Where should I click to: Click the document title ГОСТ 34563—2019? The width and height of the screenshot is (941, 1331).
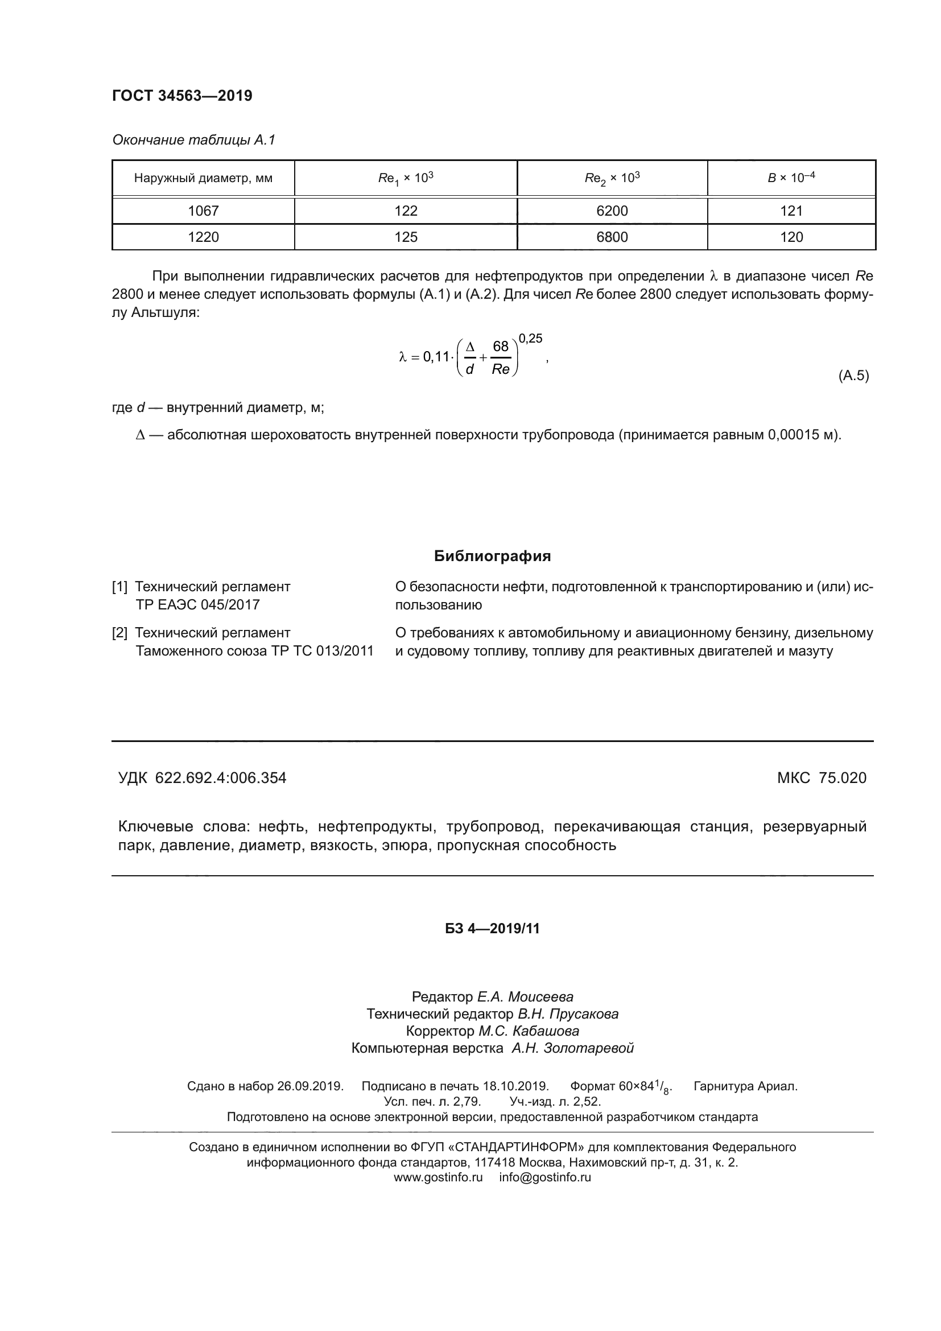click(x=182, y=96)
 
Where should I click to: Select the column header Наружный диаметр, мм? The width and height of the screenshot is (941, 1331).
click(x=203, y=178)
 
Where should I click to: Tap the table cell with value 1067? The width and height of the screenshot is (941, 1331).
click(x=203, y=211)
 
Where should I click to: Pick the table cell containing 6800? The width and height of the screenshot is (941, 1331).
click(x=612, y=237)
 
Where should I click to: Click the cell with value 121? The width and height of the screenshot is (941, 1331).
click(x=791, y=211)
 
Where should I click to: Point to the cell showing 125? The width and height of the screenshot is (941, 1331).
click(x=406, y=237)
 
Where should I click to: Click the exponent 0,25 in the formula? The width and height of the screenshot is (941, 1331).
click(x=530, y=339)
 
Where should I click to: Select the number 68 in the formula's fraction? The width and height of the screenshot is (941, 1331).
click(x=500, y=347)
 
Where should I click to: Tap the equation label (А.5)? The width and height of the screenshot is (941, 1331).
click(x=853, y=376)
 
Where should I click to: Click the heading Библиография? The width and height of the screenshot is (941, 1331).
click(x=493, y=556)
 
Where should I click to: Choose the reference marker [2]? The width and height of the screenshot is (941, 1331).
click(x=119, y=632)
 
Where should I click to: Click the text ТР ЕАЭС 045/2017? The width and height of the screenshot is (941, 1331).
click(x=197, y=605)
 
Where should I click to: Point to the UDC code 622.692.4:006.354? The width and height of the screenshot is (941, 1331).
click(x=221, y=778)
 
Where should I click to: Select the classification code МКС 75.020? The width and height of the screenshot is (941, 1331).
click(x=822, y=778)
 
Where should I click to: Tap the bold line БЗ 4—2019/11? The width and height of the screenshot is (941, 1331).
click(x=493, y=929)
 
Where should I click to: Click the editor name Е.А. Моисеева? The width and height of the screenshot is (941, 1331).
click(x=525, y=997)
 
